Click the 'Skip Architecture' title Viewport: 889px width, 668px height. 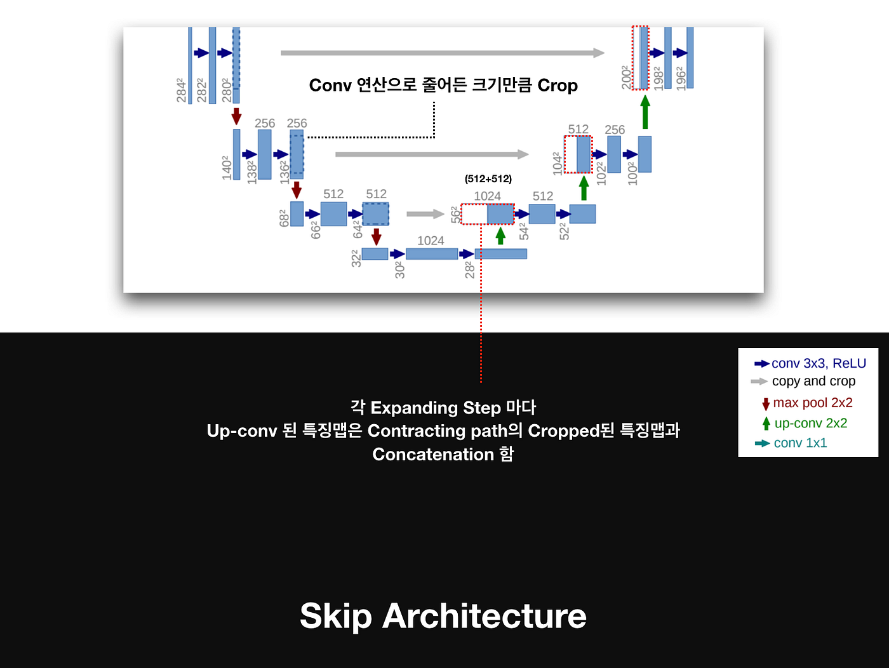(x=443, y=616)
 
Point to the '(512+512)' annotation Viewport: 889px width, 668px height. (x=488, y=179)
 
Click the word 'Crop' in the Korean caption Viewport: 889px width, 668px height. (x=557, y=85)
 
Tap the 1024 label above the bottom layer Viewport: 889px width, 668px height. (x=431, y=241)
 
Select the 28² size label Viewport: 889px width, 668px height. (x=470, y=269)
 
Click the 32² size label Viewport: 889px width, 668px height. (x=356, y=258)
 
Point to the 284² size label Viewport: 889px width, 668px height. (x=182, y=90)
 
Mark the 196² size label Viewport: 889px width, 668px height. (x=681, y=78)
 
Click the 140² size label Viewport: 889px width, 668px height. (x=227, y=168)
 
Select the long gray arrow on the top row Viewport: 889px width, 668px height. (x=443, y=53)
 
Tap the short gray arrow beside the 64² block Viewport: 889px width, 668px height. (x=425, y=214)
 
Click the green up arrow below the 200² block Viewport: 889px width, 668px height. (x=645, y=112)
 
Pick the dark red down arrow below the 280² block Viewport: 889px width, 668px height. (x=236, y=116)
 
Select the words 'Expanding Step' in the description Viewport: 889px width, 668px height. (x=436, y=408)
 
